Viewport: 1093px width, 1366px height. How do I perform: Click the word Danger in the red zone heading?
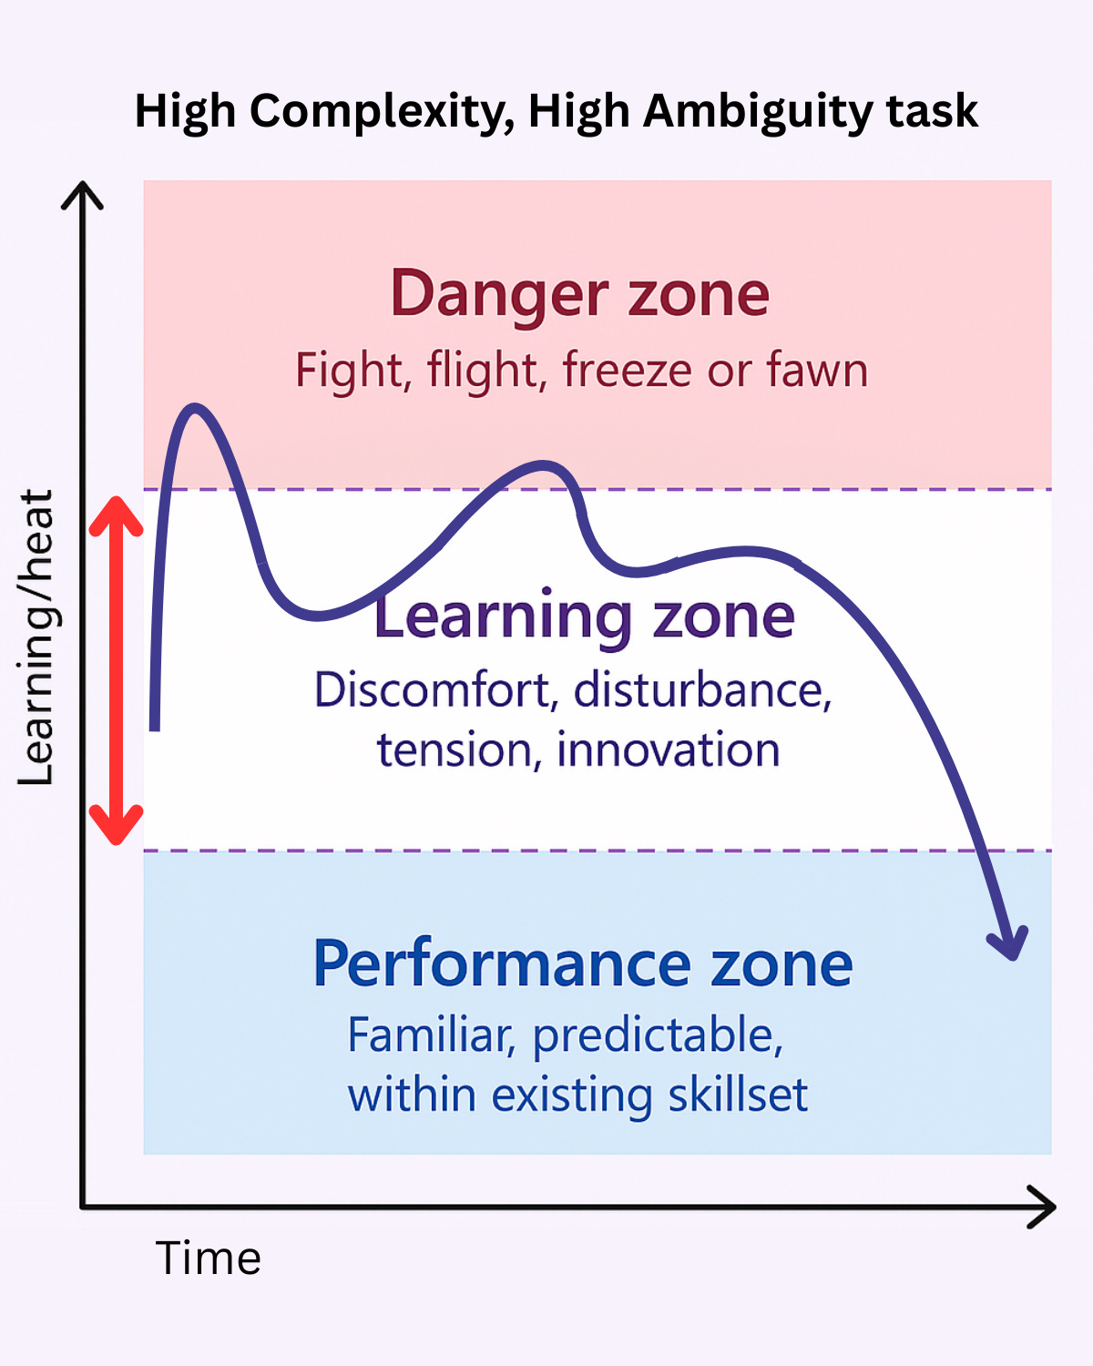[x=498, y=294]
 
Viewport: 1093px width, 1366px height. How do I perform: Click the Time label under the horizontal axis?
[x=209, y=1259]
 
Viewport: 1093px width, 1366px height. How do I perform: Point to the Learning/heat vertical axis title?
[x=37, y=637]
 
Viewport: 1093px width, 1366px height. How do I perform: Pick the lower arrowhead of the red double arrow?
[x=116, y=827]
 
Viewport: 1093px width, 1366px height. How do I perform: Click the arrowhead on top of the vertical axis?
[x=83, y=194]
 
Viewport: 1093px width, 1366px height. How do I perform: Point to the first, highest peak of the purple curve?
[x=194, y=409]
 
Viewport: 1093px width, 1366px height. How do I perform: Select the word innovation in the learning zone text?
[x=668, y=750]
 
